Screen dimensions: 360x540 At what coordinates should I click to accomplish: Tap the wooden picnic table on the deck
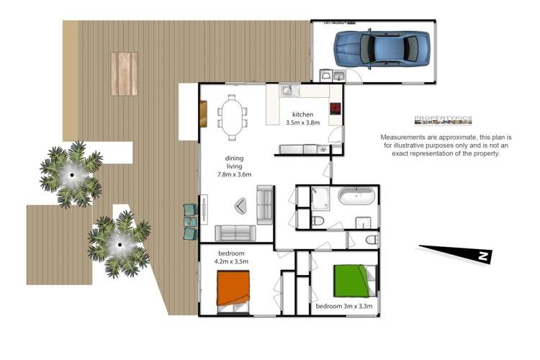point(123,74)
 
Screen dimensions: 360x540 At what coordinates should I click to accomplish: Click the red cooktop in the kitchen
point(336,109)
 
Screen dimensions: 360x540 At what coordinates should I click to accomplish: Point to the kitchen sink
point(287,91)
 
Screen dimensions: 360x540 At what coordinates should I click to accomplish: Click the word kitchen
point(302,115)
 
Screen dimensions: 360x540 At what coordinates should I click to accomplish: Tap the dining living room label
point(234,166)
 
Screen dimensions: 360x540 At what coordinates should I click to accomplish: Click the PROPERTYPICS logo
point(443,120)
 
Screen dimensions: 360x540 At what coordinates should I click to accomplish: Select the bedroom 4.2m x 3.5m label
point(232,257)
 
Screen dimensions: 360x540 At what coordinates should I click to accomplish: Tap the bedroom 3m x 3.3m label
point(344,307)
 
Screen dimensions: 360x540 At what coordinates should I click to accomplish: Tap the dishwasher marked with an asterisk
point(322,149)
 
